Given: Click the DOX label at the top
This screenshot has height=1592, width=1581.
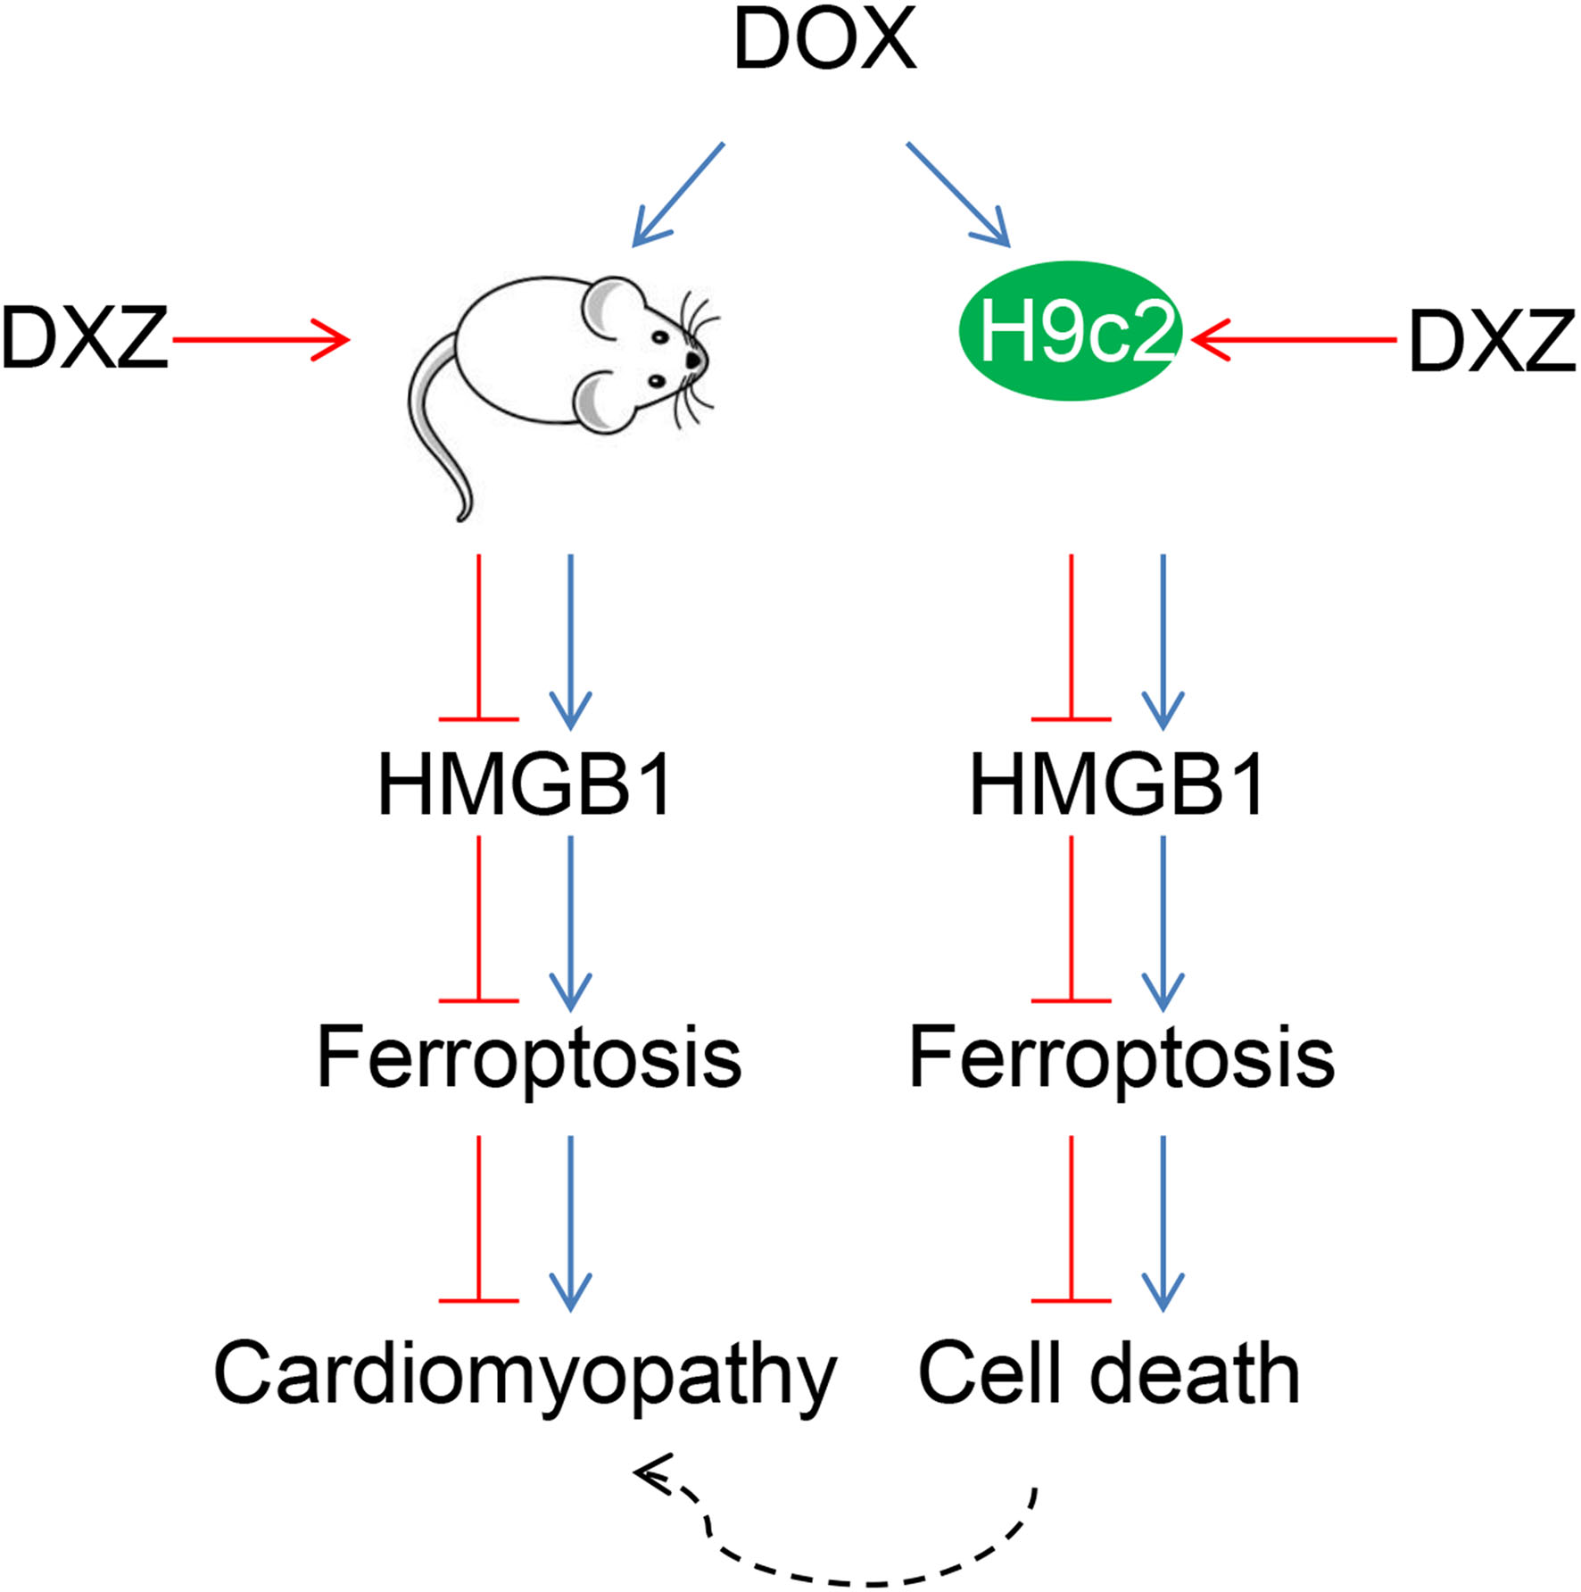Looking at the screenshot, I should pyautogui.click(x=824, y=40).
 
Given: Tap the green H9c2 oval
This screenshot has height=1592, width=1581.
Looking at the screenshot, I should pyautogui.click(x=1071, y=331).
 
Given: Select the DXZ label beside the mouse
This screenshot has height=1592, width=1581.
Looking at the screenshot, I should pyautogui.click(x=85, y=339).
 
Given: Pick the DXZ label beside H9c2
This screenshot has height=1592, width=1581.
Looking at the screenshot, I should pyautogui.click(x=1492, y=341).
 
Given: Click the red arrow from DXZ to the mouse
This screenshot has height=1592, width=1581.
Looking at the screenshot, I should pyautogui.click(x=259, y=340).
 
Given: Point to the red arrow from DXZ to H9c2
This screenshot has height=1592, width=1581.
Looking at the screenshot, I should pyautogui.click(x=1294, y=340).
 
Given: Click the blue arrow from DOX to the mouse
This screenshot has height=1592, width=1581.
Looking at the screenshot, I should pyautogui.click(x=678, y=194).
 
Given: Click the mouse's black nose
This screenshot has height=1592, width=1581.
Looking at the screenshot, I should pyautogui.click(x=693, y=359).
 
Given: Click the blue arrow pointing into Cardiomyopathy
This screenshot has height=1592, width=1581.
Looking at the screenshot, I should pyautogui.click(x=570, y=1223).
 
